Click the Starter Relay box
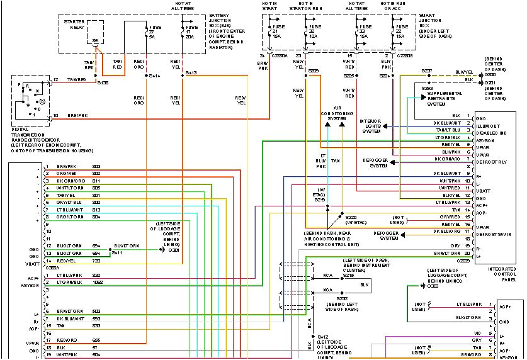pos(96,33)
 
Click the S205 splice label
pos(348,76)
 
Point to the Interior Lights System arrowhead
pos(384,127)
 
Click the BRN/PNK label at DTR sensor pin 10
pos(78,115)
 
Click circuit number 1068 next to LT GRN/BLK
pos(97,282)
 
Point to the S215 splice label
pos(349,275)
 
